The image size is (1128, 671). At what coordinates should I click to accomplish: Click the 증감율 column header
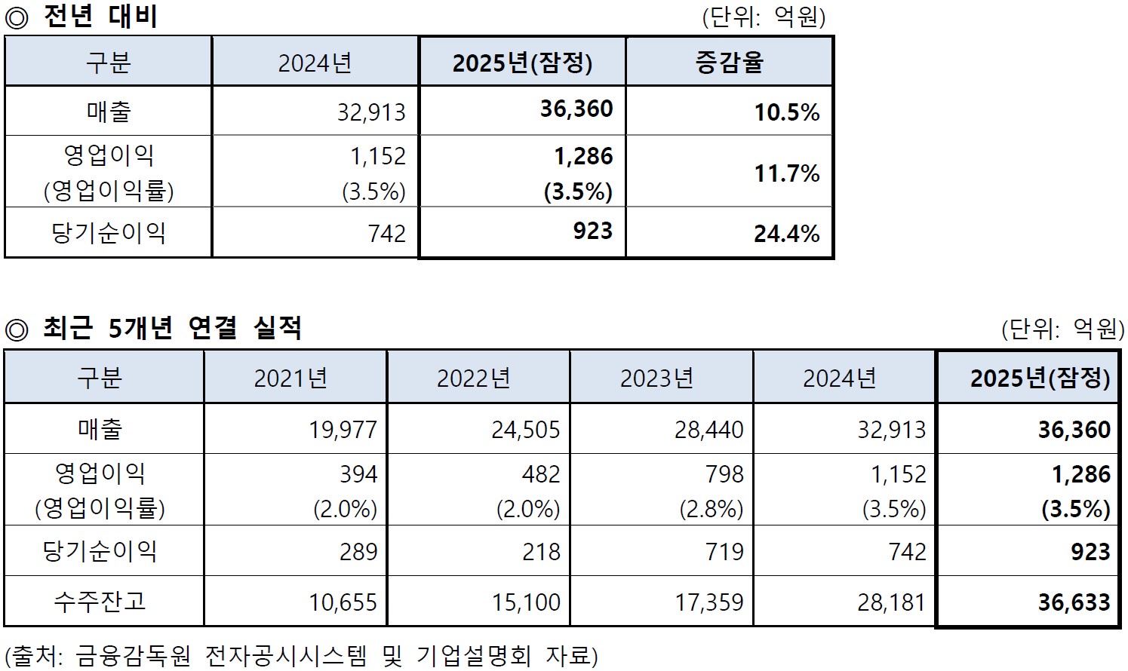729,62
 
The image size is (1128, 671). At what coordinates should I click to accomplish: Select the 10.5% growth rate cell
786,112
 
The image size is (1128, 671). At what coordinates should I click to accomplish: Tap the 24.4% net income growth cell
786,234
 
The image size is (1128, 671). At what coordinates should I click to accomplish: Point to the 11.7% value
786,173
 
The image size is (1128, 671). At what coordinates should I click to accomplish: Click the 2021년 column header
290,378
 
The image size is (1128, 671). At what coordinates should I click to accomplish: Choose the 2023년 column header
656,378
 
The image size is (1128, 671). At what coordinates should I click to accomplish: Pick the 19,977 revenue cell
343,430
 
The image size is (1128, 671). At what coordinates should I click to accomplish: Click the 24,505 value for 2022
526,430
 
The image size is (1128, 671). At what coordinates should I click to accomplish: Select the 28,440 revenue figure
708,430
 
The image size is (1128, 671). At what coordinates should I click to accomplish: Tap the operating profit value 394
358,474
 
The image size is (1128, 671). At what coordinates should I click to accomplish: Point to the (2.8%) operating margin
711,510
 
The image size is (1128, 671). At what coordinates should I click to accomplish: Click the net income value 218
541,552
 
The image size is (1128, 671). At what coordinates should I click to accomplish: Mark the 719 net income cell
724,552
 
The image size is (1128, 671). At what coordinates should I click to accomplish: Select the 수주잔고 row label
100,602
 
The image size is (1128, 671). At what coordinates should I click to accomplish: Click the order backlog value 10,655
343,602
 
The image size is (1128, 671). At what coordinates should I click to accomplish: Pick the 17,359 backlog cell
708,602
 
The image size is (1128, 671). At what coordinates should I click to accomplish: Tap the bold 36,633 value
1074,602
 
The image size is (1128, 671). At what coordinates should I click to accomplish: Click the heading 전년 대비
100,17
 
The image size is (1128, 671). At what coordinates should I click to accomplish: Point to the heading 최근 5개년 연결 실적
172,328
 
